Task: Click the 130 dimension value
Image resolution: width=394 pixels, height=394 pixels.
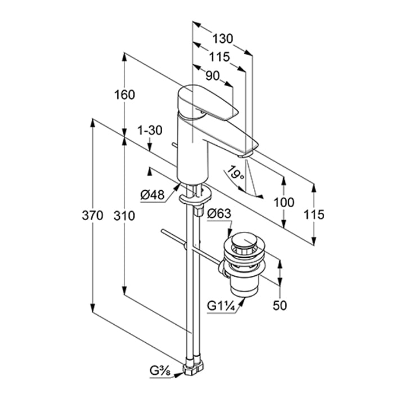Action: pyautogui.click(x=223, y=39)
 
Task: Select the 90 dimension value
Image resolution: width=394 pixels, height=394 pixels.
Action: pyautogui.click(x=212, y=76)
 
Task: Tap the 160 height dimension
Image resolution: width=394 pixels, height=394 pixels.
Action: pyautogui.click(x=124, y=95)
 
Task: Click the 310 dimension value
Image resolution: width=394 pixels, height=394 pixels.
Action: pyautogui.click(x=124, y=215)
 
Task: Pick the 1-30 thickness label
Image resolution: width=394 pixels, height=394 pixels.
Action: pyautogui.click(x=150, y=130)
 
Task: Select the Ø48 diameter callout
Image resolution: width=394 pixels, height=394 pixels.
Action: pyautogui.click(x=152, y=195)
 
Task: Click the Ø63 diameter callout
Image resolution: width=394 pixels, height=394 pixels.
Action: pyautogui.click(x=218, y=213)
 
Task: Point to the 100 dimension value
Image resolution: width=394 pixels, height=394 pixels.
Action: pyautogui.click(x=284, y=203)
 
